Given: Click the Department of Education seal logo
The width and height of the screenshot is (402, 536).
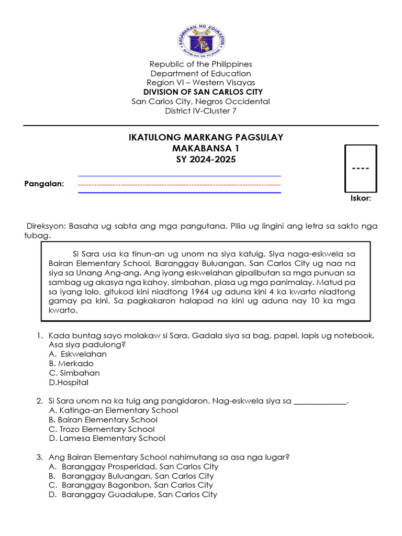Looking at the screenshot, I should point(201,42).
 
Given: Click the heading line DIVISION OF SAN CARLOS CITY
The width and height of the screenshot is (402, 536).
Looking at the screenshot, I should point(201,92).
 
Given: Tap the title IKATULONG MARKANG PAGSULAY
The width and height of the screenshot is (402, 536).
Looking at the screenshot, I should point(206,137).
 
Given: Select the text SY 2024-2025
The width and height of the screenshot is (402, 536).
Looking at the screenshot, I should point(206,159).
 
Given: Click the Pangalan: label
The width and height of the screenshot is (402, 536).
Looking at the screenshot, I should point(44,184).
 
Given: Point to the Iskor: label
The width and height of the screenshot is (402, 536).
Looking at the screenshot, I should point(361,198).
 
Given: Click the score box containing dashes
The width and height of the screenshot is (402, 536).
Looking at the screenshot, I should point(360,169).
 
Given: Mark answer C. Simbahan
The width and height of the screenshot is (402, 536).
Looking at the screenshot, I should point(74,373).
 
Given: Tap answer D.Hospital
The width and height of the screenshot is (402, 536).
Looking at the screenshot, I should point(69,383).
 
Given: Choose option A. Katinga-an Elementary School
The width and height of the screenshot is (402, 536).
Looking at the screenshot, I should point(113,410).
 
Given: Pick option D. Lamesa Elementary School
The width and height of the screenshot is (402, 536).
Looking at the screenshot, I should point(107,439).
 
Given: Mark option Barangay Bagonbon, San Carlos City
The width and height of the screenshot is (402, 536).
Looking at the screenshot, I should point(137,485).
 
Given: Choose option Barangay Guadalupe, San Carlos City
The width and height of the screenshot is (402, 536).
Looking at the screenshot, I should point(139,495).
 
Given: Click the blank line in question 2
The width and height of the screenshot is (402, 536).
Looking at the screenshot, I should point(320,401).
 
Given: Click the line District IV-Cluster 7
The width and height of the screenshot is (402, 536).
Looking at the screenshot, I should point(201,110).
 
